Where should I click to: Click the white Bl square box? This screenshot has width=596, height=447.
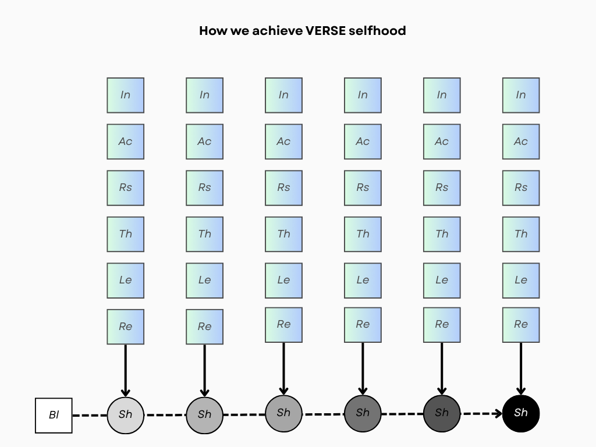click(54, 416)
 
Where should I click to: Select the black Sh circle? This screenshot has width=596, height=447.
click(521, 413)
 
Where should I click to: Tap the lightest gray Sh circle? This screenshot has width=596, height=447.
click(125, 415)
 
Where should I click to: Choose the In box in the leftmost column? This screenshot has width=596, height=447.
click(125, 95)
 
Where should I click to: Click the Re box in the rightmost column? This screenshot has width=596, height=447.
click(521, 324)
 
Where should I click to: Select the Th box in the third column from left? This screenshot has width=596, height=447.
click(283, 234)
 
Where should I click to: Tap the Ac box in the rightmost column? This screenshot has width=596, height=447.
click(521, 141)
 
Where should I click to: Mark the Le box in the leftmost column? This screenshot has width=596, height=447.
click(125, 280)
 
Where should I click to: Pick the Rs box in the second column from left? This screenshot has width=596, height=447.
click(204, 187)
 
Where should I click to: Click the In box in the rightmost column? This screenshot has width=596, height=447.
click(521, 95)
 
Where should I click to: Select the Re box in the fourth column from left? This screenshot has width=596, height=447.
click(363, 324)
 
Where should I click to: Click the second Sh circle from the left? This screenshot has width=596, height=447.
click(204, 415)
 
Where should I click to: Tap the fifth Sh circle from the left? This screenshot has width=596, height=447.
click(442, 413)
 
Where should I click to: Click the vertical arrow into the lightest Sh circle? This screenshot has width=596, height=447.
click(125, 370)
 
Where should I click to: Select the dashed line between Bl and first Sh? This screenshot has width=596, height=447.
click(90, 416)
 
